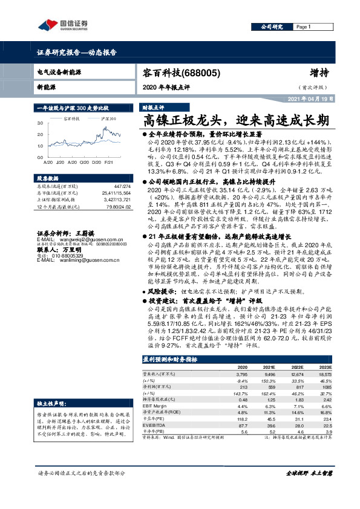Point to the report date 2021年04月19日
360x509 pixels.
pyautogui.click(x=309, y=97)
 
